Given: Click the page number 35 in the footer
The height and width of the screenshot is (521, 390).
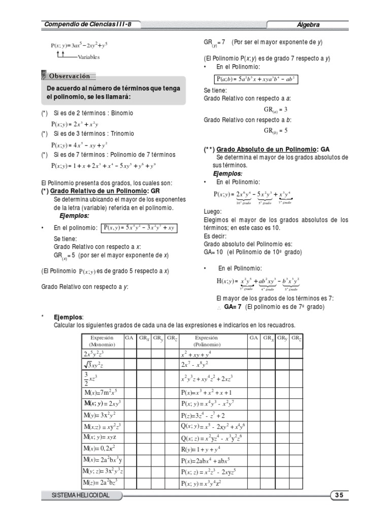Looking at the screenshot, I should point(339,495).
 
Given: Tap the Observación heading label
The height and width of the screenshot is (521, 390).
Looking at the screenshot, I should point(70,76).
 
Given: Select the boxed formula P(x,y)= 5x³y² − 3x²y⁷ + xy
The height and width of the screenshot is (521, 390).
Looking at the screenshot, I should point(139,227).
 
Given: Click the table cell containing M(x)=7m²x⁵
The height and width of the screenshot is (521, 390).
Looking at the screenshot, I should point(102,392).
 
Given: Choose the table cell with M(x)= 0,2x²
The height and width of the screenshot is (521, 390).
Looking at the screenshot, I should point(102,448).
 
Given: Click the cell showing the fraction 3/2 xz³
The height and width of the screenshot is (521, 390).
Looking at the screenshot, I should point(102,378).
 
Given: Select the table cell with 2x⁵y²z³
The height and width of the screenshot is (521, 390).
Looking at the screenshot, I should point(102,353).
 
